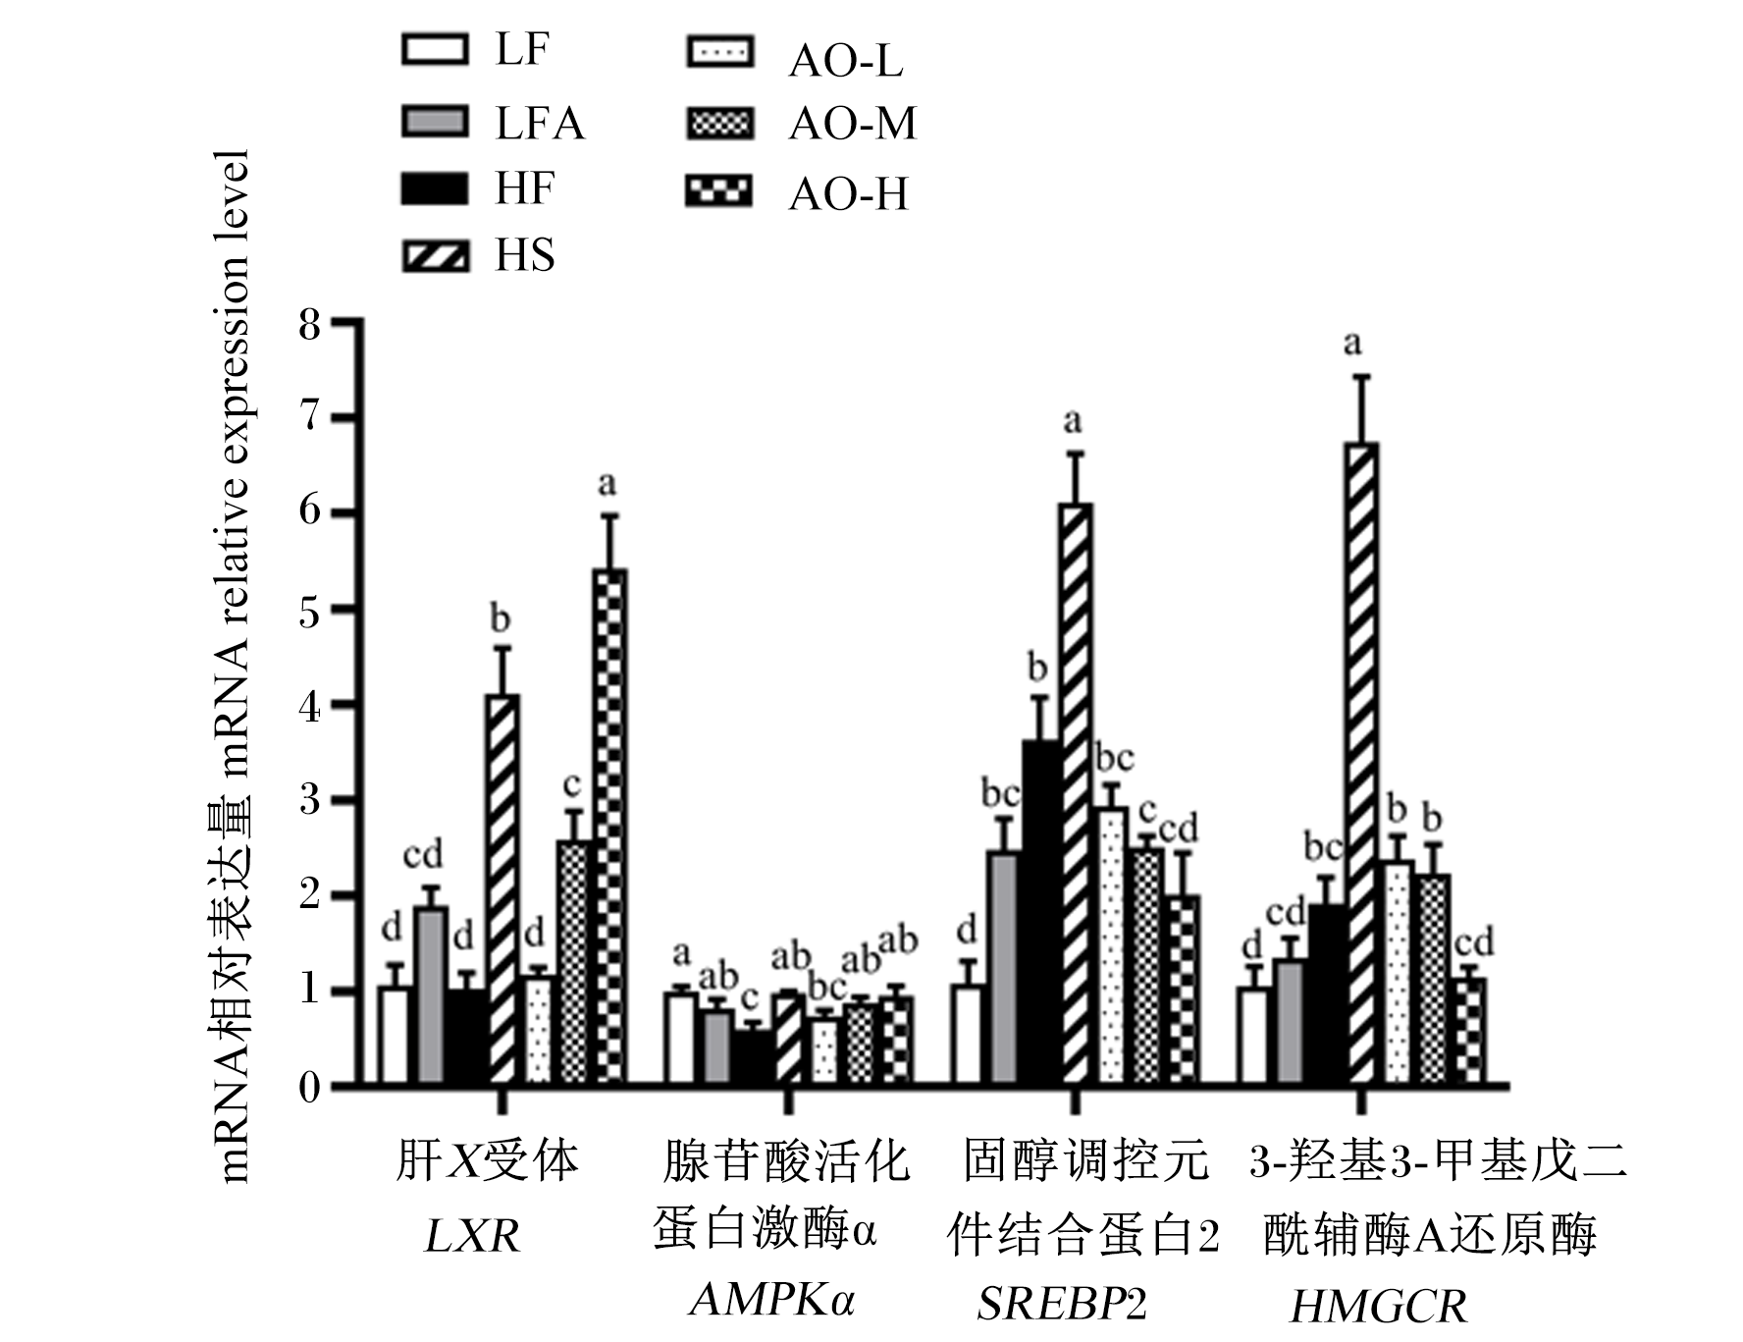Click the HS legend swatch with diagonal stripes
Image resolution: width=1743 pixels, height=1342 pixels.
435,256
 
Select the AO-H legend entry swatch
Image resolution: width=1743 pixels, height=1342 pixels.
719,191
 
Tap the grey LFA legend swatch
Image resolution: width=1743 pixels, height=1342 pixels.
435,122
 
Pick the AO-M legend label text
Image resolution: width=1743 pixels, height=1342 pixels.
853,124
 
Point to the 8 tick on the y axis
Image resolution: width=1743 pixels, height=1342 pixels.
347,321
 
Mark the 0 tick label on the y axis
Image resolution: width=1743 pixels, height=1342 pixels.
310,1088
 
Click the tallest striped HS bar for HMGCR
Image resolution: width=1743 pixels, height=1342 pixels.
1363,765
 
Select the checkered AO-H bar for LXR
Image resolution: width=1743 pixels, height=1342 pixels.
610,828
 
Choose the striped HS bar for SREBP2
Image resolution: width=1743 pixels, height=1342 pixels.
1076,795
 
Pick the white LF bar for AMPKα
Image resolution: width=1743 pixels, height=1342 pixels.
681,1040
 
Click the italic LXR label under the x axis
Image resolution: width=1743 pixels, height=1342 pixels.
472,1236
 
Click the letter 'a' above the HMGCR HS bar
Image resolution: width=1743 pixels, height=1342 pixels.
1353,343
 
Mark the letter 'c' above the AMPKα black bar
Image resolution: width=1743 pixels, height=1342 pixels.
749,998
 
